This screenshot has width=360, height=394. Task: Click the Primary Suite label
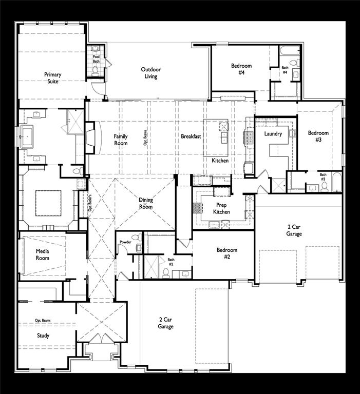(x=52, y=78)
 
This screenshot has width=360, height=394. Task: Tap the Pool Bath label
(x=96, y=59)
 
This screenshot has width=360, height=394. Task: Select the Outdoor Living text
(x=151, y=73)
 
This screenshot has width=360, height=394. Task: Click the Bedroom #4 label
(x=241, y=69)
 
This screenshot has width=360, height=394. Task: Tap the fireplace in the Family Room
(x=90, y=137)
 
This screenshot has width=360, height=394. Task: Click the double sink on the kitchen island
(x=223, y=133)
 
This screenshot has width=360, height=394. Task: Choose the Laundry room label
(x=273, y=134)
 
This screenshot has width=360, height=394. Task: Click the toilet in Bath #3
(x=325, y=187)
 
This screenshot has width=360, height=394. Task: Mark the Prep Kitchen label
(x=222, y=208)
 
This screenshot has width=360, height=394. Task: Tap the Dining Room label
(x=146, y=204)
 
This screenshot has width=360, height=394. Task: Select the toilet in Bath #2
(x=166, y=272)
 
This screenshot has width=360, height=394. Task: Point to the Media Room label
(x=42, y=254)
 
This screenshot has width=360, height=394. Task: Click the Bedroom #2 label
(x=226, y=253)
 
